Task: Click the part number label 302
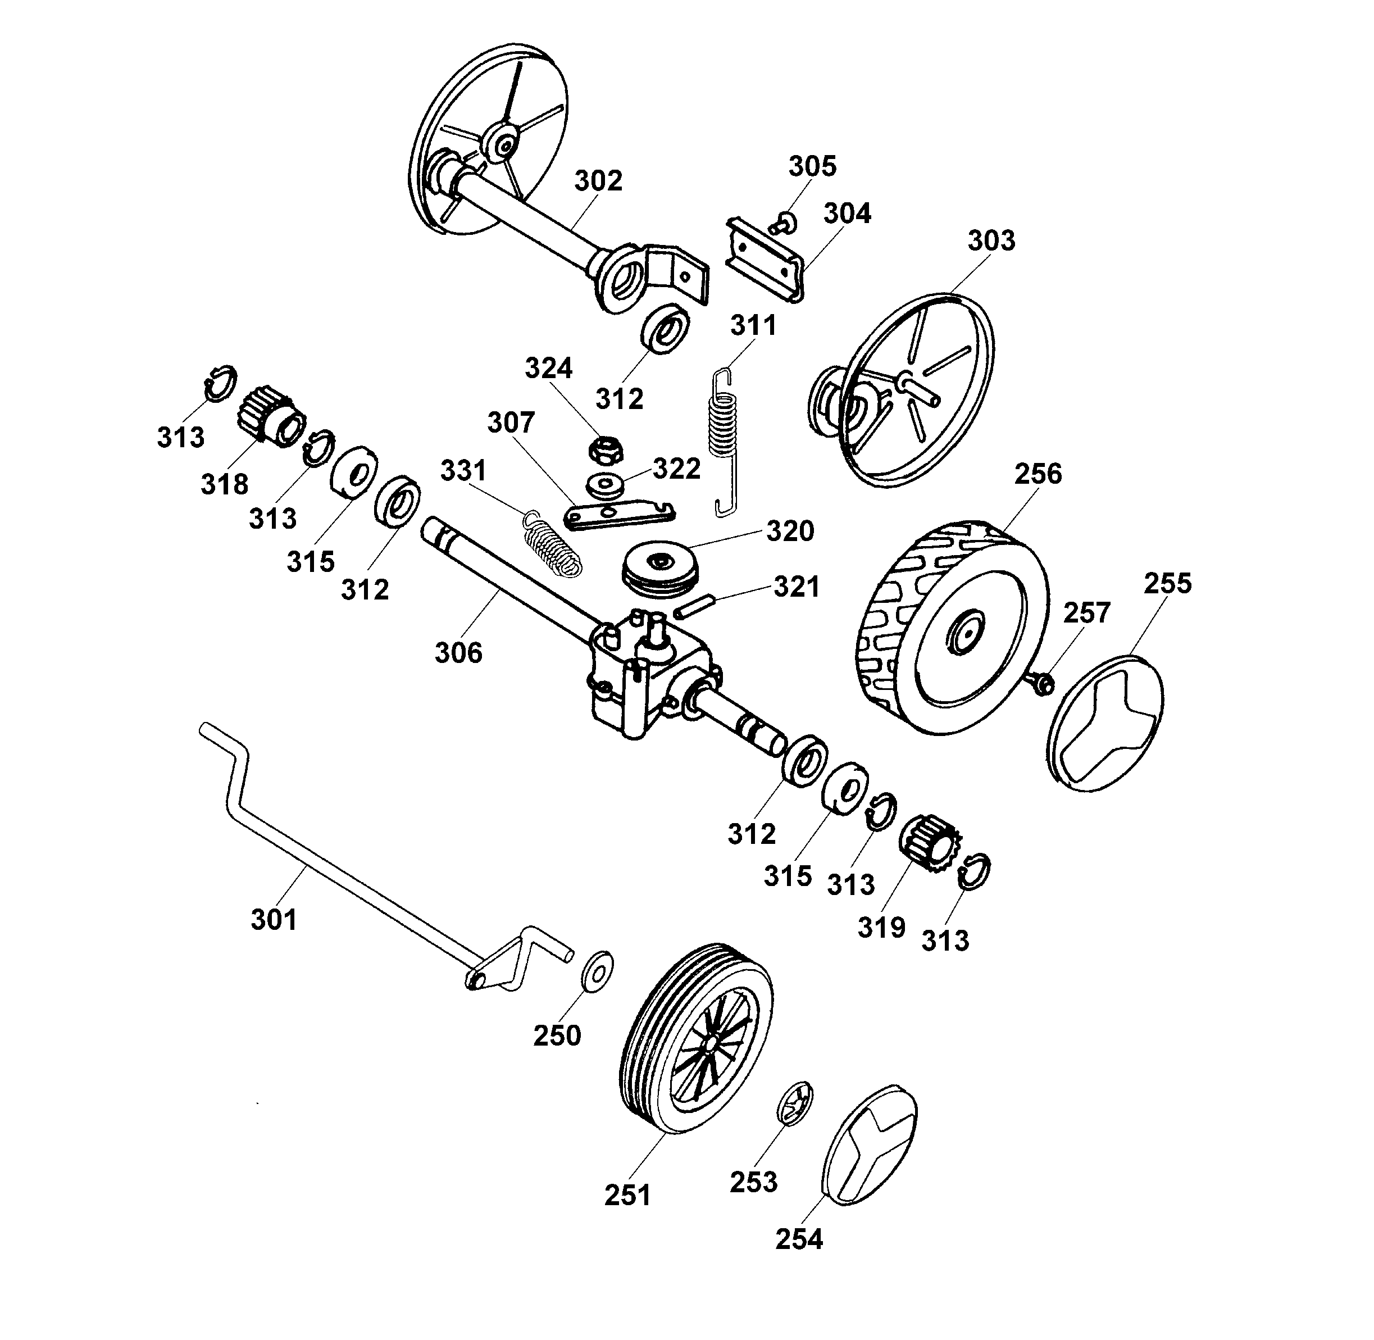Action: (x=598, y=181)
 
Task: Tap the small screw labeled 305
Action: (x=783, y=224)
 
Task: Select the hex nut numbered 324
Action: (x=605, y=449)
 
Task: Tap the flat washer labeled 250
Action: (x=597, y=971)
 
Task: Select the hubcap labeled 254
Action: (x=869, y=1144)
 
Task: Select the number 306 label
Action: (x=459, y=652)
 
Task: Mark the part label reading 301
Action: (x=274, y=919)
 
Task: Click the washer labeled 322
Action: (x=604, y=485)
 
